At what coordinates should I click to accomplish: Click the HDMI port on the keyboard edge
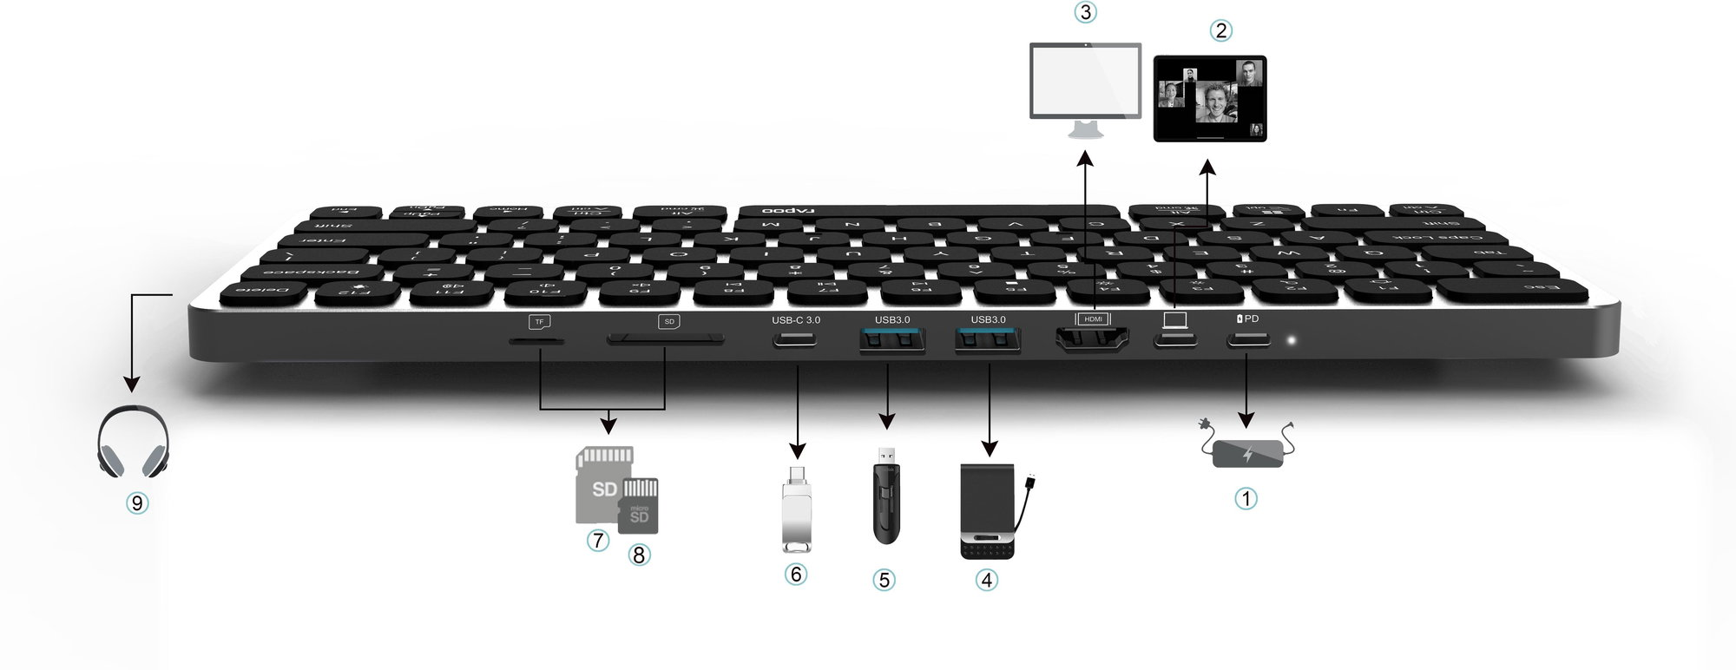[1092, 340]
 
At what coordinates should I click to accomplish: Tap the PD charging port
[1248, 339]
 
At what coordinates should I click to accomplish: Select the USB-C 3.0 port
[795, 340]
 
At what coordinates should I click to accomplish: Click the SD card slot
[666, 340]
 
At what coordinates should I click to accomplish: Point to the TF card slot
[536, 341]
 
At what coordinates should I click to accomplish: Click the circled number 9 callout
[136, 502]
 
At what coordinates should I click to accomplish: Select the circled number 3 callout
[1085, 12]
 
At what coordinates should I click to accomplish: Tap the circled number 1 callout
[1246, 498]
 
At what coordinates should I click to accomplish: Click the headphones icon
[133, 441]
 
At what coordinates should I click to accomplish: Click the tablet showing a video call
[1210, 98]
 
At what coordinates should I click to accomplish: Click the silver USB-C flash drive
[796, 512]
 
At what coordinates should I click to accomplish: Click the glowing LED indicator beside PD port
[1292, 340]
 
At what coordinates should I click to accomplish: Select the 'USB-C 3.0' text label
[795, 320]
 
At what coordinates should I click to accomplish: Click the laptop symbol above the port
[1175, 320]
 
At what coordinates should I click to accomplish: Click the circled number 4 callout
[986, 579]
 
